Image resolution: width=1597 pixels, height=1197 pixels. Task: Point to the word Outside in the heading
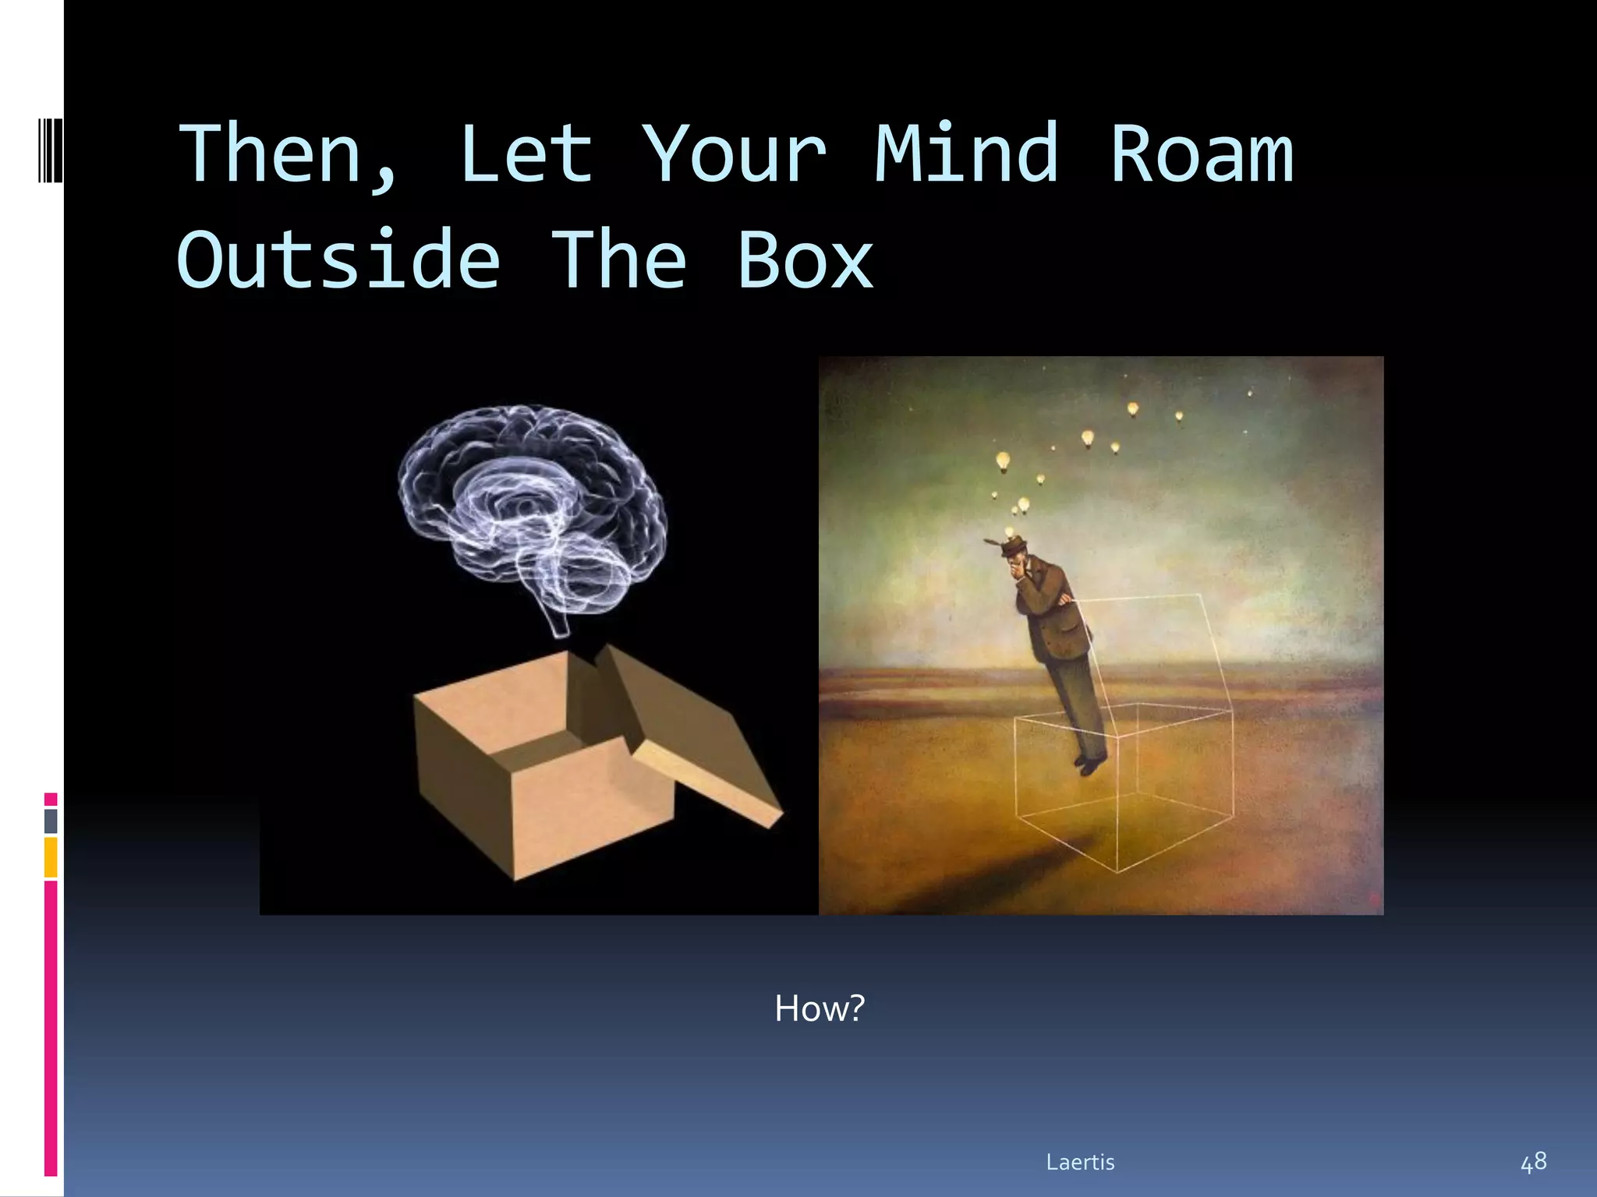pos(338,260)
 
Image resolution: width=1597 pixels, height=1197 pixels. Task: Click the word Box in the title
pos(806,260)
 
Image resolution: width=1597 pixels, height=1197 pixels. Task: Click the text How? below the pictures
pos(819,1008)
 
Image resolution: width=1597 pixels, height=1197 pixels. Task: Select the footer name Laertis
pos(1080,1162)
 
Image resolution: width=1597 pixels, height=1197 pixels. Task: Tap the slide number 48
pos(1533,1162)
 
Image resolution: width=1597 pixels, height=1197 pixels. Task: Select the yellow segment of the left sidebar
pos(51,857)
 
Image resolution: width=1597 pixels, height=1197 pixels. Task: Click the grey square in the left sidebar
pos(51,821)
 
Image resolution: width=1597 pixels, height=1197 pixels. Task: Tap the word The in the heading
pos(619,260)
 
